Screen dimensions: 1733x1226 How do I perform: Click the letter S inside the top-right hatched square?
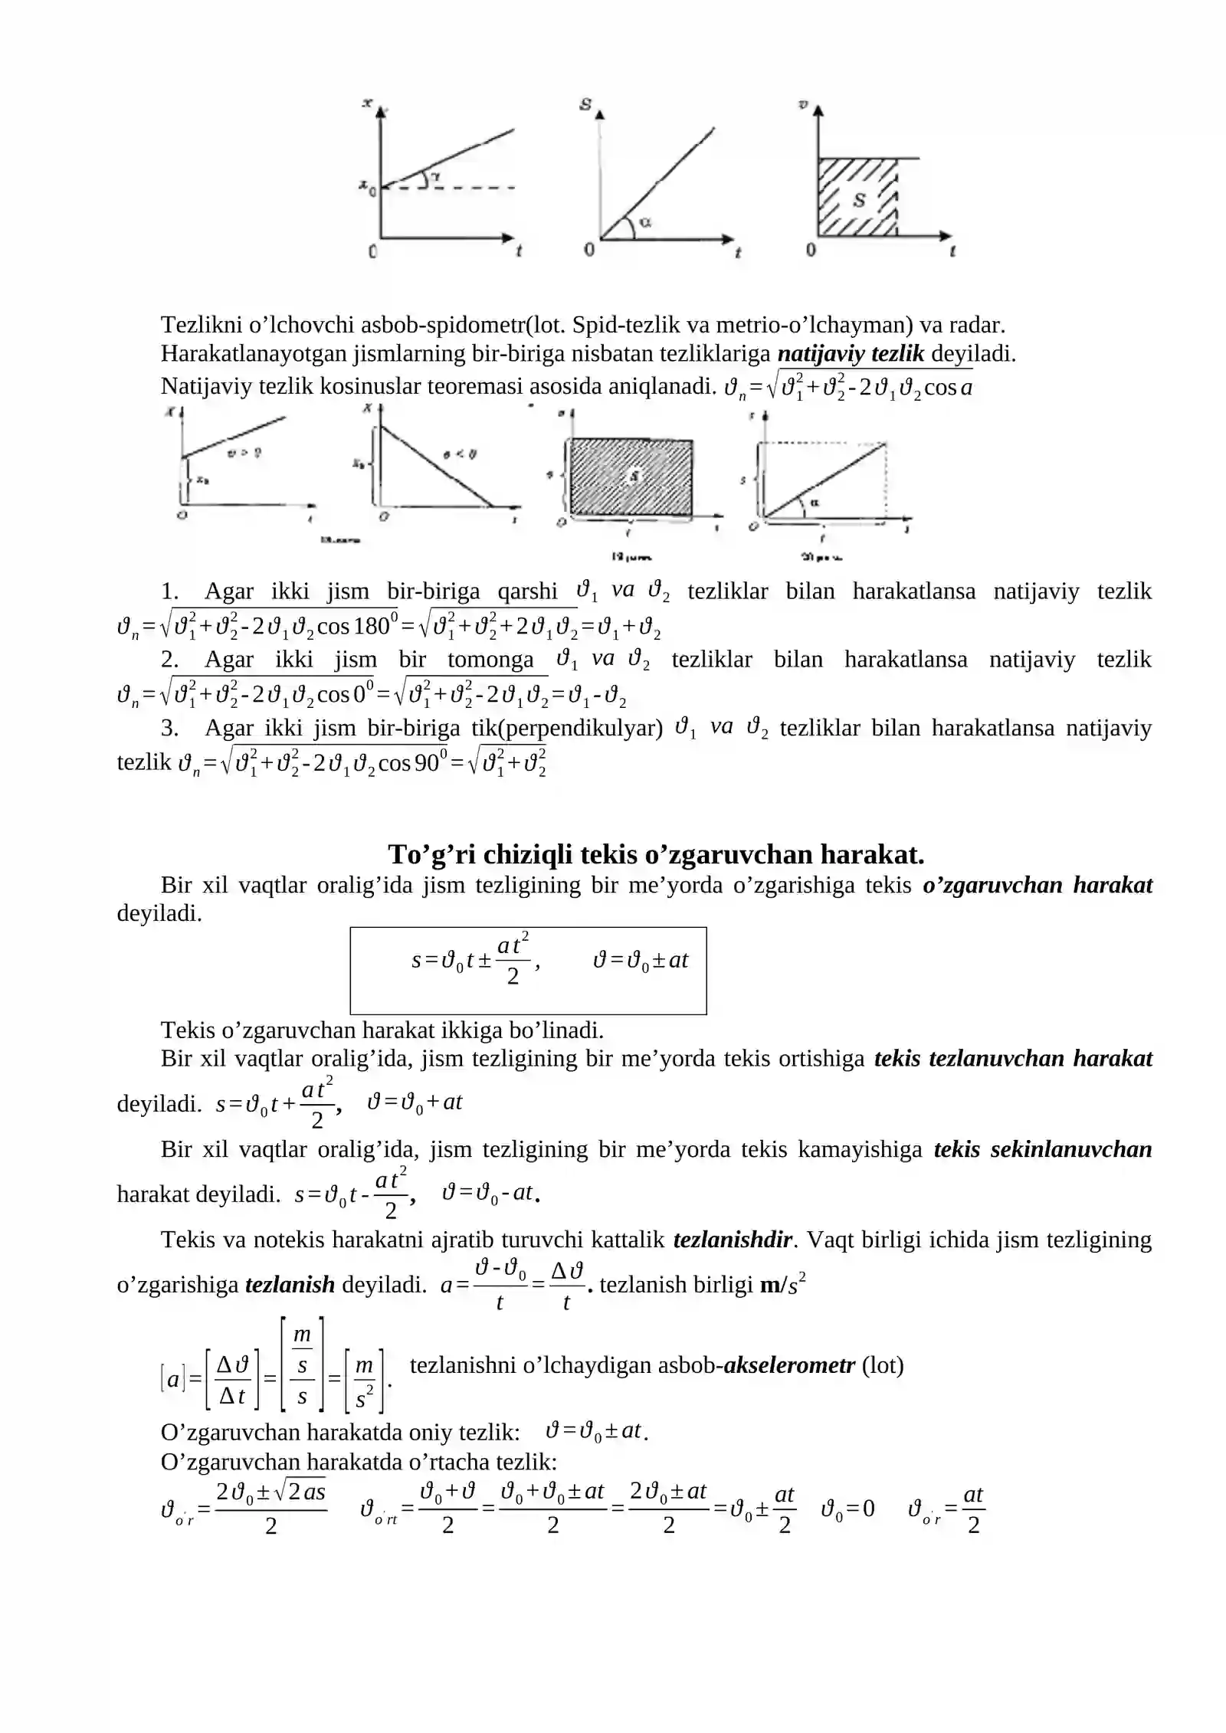[859, 200]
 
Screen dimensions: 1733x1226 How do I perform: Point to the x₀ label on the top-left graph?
[369, 186]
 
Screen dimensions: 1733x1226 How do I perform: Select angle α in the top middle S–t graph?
[645, 222]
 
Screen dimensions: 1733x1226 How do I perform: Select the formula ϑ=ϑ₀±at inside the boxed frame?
[641, 960]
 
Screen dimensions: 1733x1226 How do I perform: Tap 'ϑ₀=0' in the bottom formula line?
[847, 1509]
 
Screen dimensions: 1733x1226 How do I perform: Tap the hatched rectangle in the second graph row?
[631, 477]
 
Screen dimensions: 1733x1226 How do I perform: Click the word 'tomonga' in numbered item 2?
[490, 660]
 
